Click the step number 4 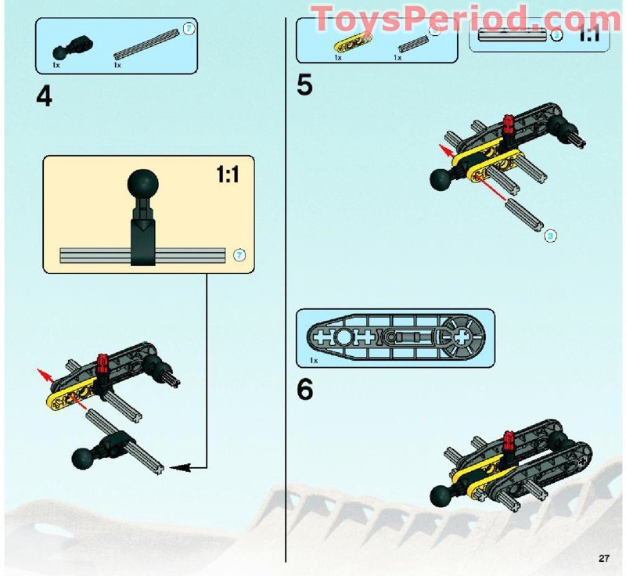tap(45, 97)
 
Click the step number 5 tap(305, 85)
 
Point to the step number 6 tap(305, 390)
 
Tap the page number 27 tap(603, 558)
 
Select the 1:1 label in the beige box tap(228, 175)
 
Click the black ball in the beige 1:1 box tap(143, 185)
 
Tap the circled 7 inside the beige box tap(239, 255)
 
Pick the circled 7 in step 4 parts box tap(188, 29)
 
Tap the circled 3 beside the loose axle tap(550, 234)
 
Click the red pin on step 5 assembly tap(509, 126)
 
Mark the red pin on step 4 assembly tap(102, 365)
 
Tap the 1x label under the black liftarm tap(313, 361)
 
